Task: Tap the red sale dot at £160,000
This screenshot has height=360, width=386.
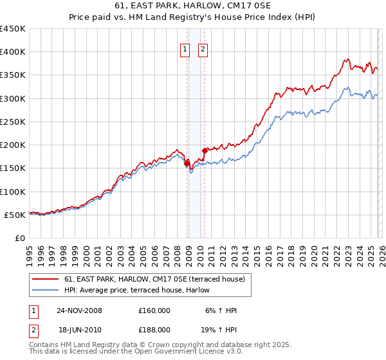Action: pyautogui.click(x=187, y=164)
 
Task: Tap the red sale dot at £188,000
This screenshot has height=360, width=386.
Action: pyautogui.click(x=205, y=151)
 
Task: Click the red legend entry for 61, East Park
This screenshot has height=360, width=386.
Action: pyautogui.click(x=154, y=279)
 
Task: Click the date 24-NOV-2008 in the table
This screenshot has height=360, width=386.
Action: pyautogui.click(x=79, y=310)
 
